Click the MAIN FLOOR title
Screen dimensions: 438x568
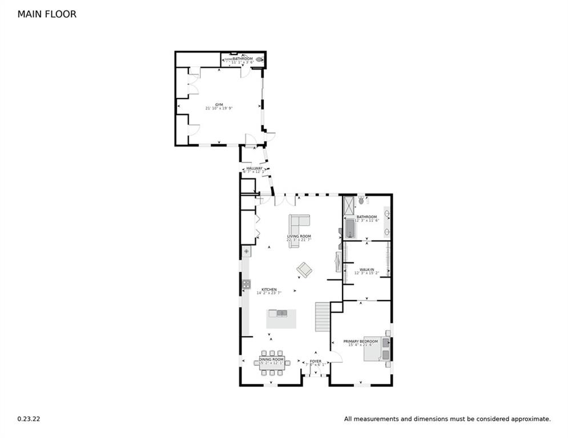47,14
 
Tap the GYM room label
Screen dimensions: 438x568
219,105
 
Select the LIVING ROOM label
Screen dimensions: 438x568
299,236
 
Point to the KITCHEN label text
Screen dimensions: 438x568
269,290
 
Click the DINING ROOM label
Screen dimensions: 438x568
272,360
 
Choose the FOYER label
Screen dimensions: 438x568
315,361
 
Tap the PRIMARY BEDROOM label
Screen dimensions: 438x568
360,342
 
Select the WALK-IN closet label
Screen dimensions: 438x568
366,270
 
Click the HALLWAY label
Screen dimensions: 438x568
254,169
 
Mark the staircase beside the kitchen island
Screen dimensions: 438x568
323,317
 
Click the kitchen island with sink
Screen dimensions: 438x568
281,318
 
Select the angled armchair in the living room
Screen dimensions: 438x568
304,269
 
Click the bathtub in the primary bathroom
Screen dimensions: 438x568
351,229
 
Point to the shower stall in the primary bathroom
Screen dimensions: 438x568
348,205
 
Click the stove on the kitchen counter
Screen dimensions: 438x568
247,283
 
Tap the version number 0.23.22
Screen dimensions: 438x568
29,419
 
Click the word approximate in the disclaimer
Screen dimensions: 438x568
529,419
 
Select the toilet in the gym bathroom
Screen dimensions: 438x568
260,58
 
